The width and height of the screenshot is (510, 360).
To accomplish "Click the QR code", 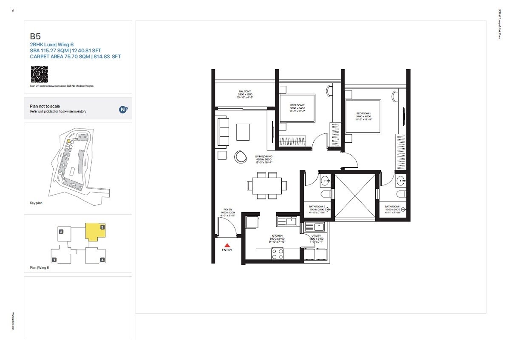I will (x=39, y=74).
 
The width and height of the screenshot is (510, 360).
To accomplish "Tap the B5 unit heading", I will (x=35, y=37).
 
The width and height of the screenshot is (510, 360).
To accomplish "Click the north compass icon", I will (x=123, y=109).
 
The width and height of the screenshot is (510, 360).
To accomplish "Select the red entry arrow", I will (x=227, y=245).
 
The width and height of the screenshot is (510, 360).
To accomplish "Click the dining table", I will (x=267, y=186).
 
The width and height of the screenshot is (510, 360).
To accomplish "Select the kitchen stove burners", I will (x=278, y=254).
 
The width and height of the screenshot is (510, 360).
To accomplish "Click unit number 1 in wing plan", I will (x=54, y=259).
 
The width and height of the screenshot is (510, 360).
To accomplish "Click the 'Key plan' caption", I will (x=36, y=203).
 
